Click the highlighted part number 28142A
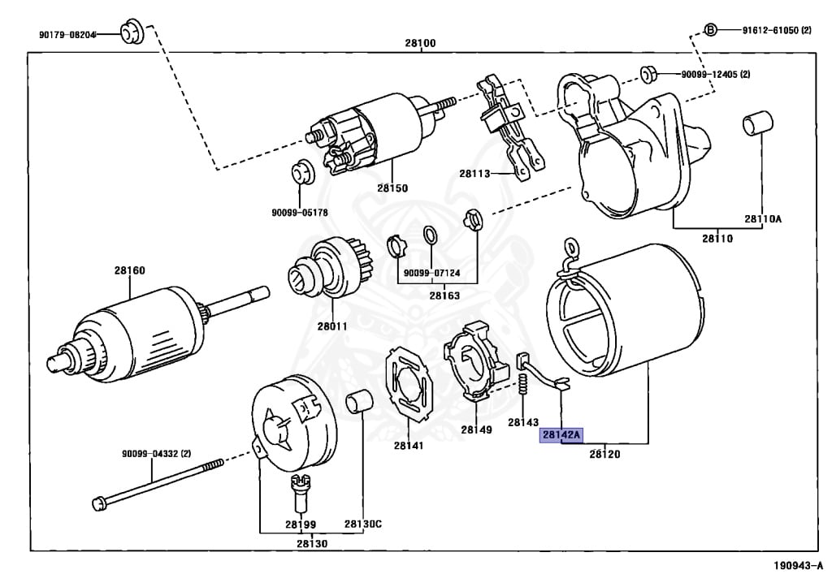pyautogui.click(x=561, y=436)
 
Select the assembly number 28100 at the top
pyautogui.click(x=422, y=42)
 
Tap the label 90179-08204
pyautogui.click(x=67, y=34)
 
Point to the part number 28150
pyautogui.click(x=392, y=188)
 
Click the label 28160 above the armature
pyautogui.click(x=130, y=270)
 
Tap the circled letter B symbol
pyautogui.click(x=709, y=30)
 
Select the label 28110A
pyautogui.click(x=762, y=218)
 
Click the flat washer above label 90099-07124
pyautogui.click(x=432, y=235)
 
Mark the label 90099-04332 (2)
pyautogui.click(x=156, y=453)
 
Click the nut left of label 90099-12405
pyautogui.click(x=648, y=74)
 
